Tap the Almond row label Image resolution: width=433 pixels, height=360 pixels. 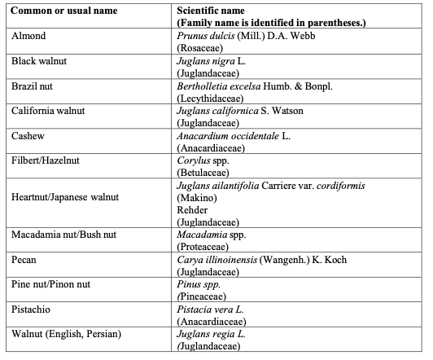pyautogui.click(x=28, y=37)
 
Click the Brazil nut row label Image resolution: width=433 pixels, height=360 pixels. pyautogui.click(x=34, y=84)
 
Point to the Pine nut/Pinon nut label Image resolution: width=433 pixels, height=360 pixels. pyautogui.click(x=51, y=283)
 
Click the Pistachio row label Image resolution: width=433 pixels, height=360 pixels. pyautogui.click(x=33, y=307)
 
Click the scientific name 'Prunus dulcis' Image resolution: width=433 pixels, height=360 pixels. pyautogui.click(x=204, y=37)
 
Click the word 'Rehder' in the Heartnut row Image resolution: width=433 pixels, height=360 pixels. pyautogui.click(x=192, y=209)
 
